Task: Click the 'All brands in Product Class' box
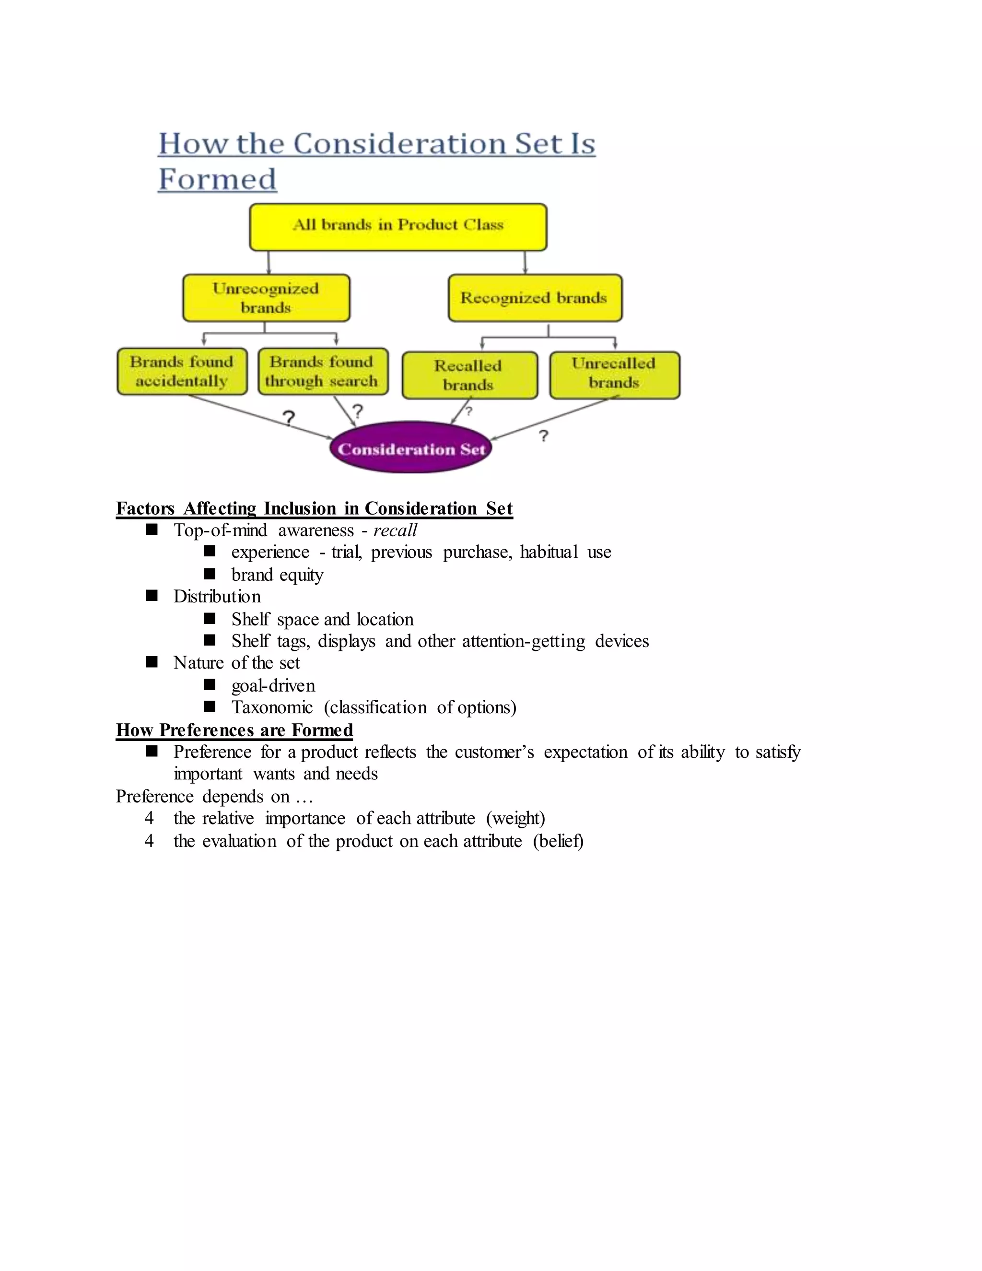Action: [398, 226]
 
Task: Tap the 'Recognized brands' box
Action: [535, 298]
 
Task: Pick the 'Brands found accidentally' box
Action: [182, 371]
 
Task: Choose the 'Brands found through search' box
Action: [323, 371]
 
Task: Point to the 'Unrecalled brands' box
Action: [614, 374]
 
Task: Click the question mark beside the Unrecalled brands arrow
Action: [543, 436]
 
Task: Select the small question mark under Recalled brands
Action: [469, 412]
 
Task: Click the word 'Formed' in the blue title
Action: [218, 179]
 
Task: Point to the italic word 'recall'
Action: [395, 530]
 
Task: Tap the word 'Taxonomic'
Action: [272, 707]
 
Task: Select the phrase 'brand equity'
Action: [277, 575]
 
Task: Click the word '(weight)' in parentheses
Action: [515, 818]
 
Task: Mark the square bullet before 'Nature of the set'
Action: [152, 662]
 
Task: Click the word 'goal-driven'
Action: [273, 685]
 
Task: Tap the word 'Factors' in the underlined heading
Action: [145, 508]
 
